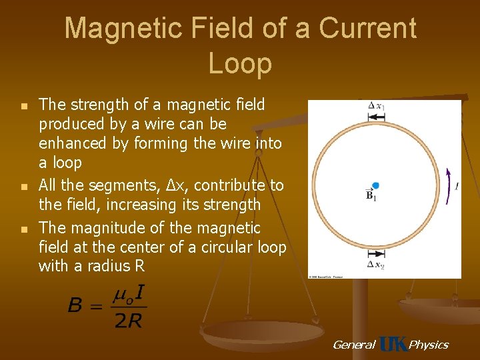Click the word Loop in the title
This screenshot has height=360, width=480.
click(x=240, y=63)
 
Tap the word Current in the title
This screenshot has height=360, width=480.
click(x=367, y=29)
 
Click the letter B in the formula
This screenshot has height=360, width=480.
click(x=76, y=306)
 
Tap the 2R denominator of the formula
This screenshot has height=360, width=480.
click(x=129, y=321)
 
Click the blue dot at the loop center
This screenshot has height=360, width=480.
click(x=375, y=185)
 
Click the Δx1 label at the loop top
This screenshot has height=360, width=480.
click(x=375, y=105)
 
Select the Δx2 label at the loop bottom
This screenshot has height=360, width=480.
click(x=375, y=265)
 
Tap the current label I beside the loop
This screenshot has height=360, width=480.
click(x=456, y=186)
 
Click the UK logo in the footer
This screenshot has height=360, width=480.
click(x=393, y=345)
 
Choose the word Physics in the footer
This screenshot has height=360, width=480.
click(x=428, y=345)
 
